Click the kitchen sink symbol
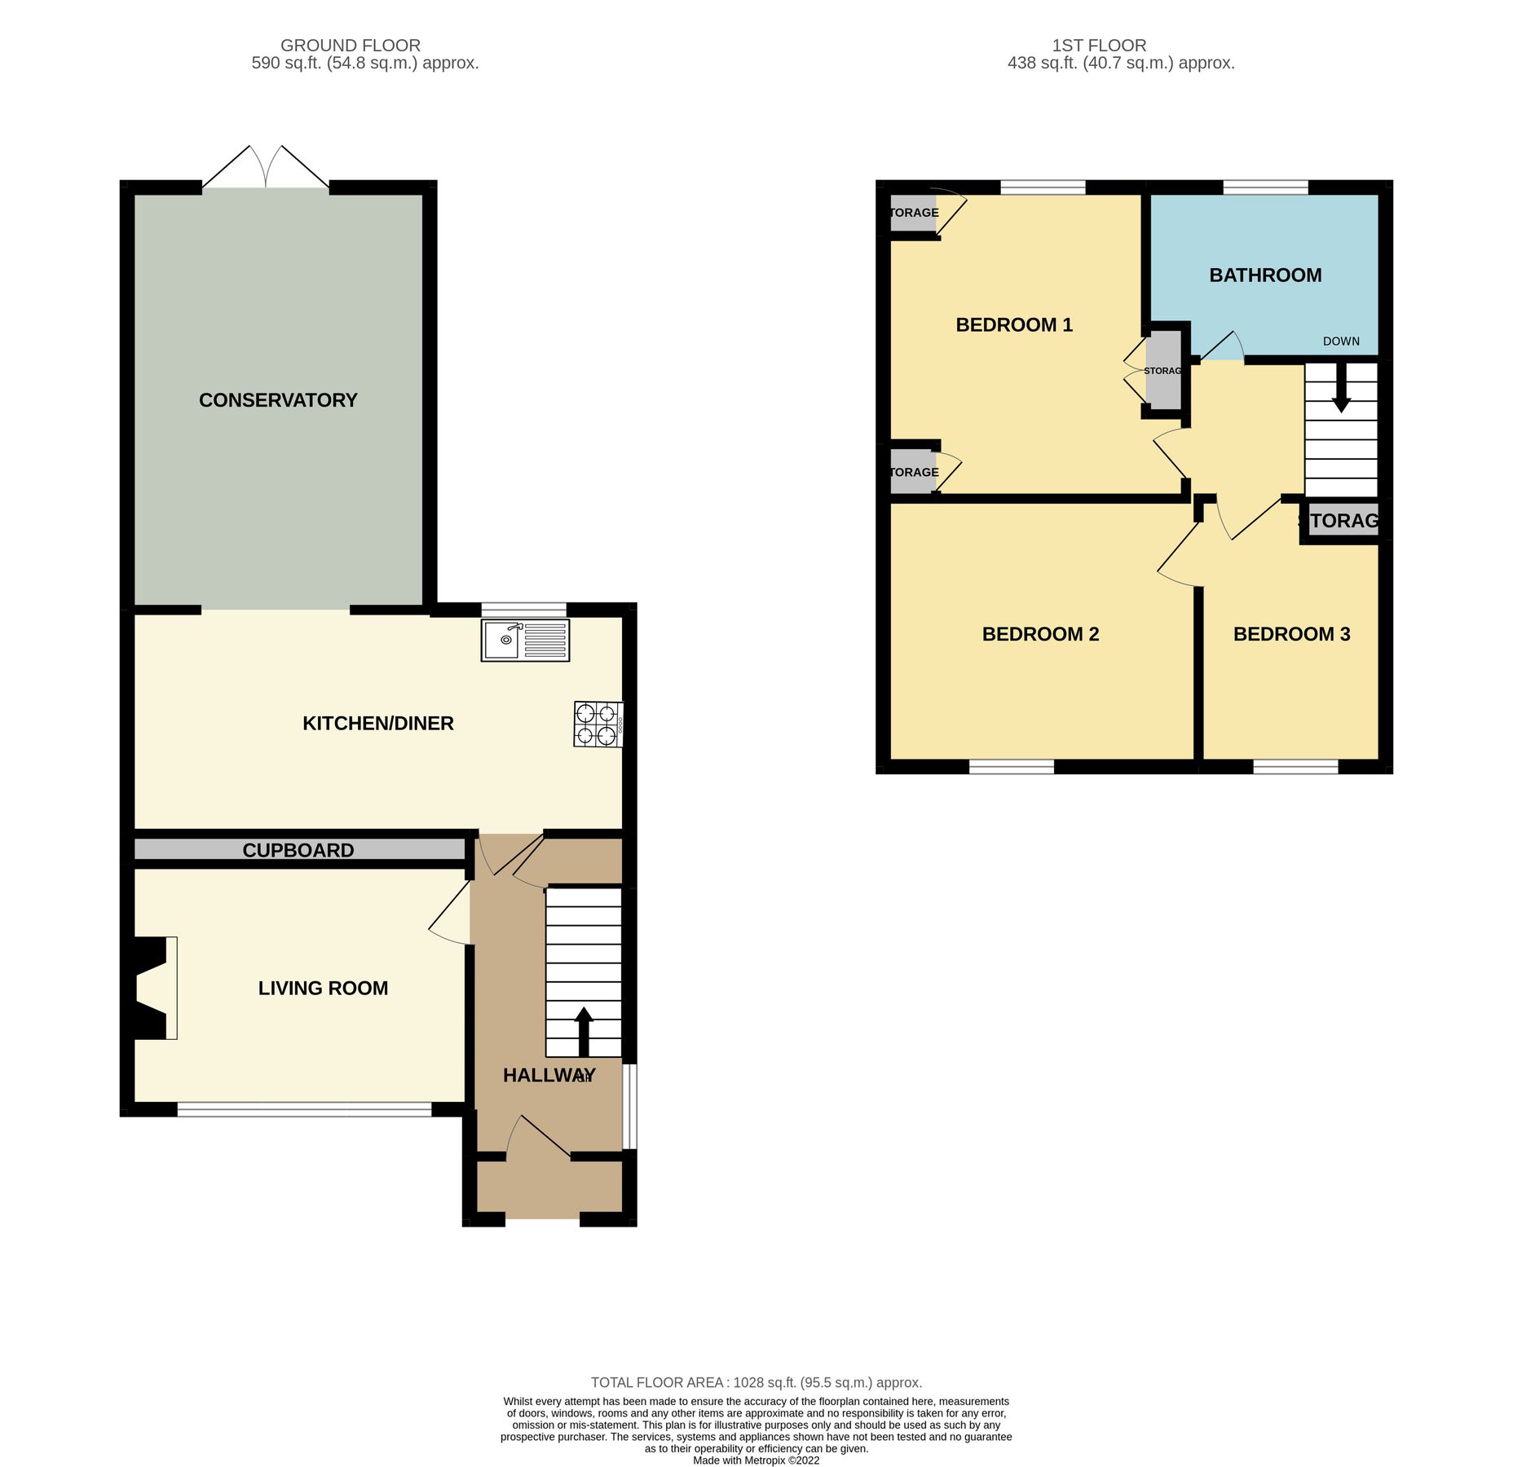525,641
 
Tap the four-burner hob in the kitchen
598,725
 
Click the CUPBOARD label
298,850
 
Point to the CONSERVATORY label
278,400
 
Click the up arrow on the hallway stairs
584,1031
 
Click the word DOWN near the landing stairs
1341,341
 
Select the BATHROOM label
1265,275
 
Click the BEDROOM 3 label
1291,634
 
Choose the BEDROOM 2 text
1040,634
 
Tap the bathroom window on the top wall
1265,187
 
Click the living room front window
304,1108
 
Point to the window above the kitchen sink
523,610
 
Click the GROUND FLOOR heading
351,46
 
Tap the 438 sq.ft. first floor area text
1121,63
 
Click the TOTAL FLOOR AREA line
756,1382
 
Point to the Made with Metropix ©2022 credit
756,1460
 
